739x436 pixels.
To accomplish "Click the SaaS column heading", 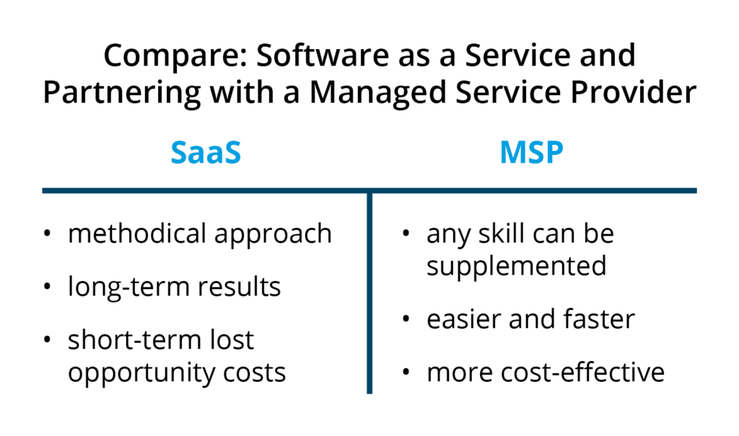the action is [206, 153].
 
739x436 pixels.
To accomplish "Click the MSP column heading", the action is [531, 153].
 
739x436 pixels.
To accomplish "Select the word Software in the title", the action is [323, 55].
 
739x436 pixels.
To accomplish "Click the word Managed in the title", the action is [377, 93].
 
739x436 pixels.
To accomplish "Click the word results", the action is [239, 287].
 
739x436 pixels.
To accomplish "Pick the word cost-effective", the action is [582, 372].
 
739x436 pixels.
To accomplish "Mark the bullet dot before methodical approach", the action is [47, 233].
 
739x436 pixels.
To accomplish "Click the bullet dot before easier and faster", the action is [406, 319].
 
